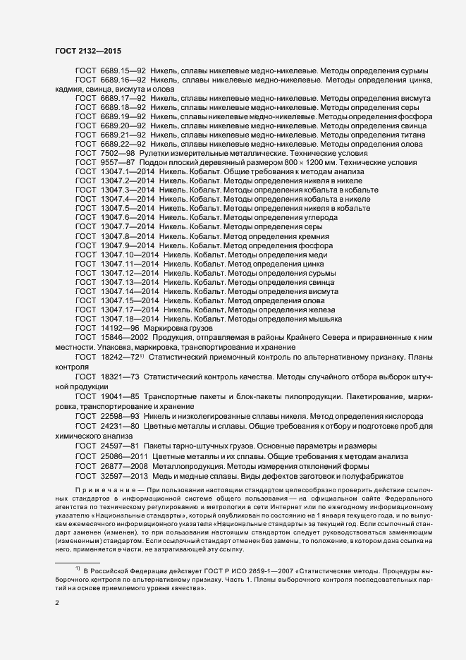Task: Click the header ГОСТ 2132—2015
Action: point(87,51)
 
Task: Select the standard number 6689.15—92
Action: point(123,71)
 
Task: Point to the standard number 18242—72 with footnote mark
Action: point(123,357)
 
